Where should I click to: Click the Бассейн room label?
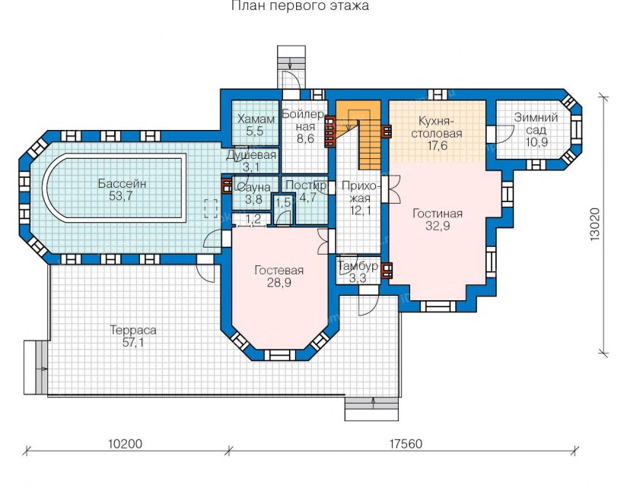[x=123, y=184]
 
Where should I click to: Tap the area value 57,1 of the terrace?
[x=133, y=343]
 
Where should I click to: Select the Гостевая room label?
[x=279, y=271]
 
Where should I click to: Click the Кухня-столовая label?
[x=437, y=127]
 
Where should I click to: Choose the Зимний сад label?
[x=536, y=124]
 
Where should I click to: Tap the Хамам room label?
[x=256, y=119]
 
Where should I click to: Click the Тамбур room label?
[x=358, y=266]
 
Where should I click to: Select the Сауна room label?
[x=253, y=187]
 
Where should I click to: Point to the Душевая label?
[x=251, y=155]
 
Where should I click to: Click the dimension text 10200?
[x=125, y=443]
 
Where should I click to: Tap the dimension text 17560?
[x=405, y=443]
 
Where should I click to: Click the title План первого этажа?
[x=300, y=5]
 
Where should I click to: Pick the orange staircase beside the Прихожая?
[x=358, y=134]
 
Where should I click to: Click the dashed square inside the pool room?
[x=211, y=208]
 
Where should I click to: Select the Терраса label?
[x=133, y=330]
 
